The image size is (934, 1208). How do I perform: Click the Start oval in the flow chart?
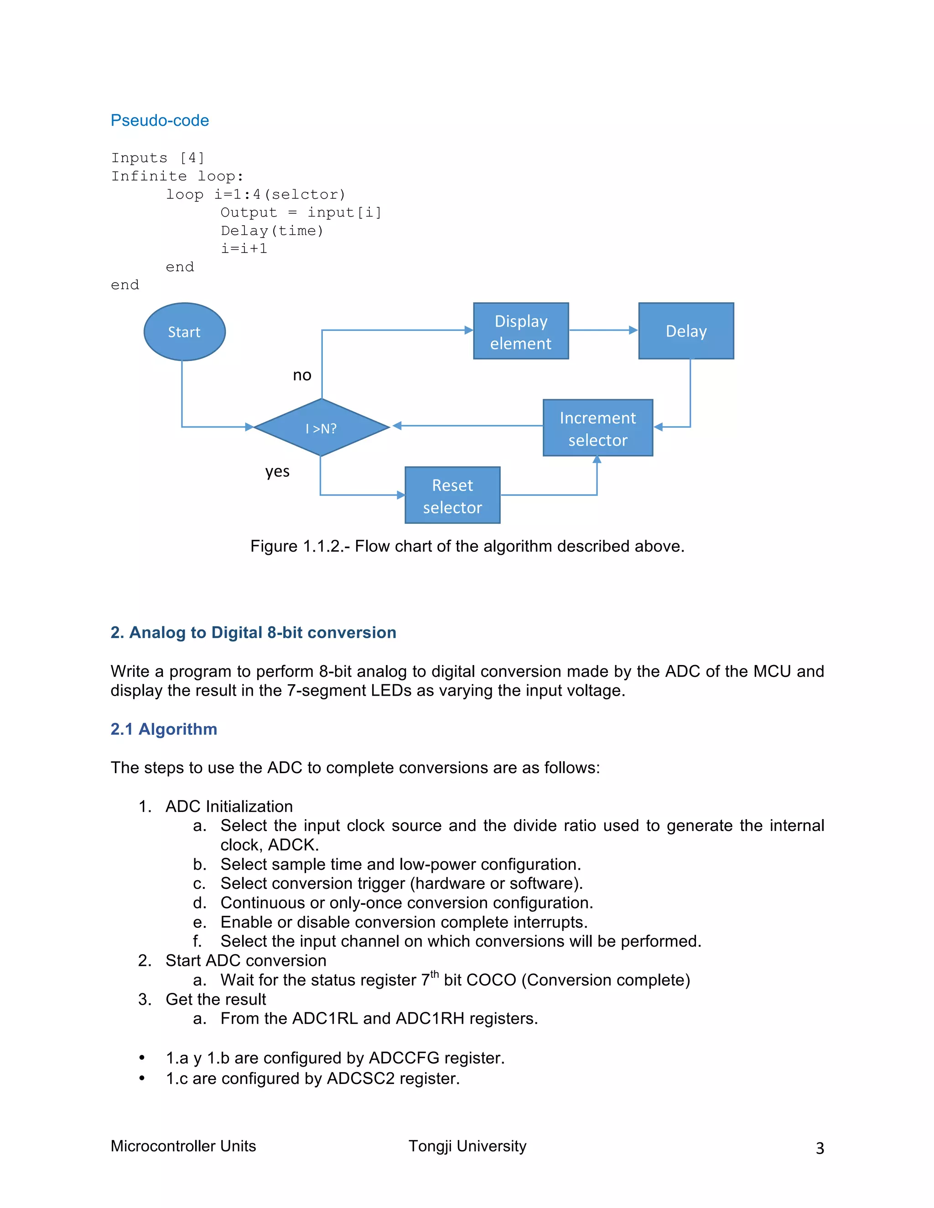pyautogui.click(x=184, y=332)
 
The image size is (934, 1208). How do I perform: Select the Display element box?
pyautogui.click(x=521, y=331)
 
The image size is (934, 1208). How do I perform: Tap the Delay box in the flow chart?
pyautogui.click(x=686, y=331)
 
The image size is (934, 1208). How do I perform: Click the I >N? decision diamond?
pyautogui.click(x=322, y=428)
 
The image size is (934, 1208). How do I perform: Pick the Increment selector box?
pyautogui.click(x=597, y=428)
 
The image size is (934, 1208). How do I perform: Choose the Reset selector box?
pyautogui.click(x=452, y=496)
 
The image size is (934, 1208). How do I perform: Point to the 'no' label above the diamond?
pyautogui.click(x=302, y=376)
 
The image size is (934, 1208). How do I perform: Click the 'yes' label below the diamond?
pyautogui.click(x=277, y=472)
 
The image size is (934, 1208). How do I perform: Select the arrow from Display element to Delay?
pyautogui.click(x=603, y=330)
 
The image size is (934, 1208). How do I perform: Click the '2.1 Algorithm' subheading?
pyautogui.click(x=164, y=729)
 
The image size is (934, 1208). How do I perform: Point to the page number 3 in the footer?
pyautogui.click(x=820, y=1148)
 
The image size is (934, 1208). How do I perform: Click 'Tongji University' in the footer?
pyautogui.click(x=467, y=1146)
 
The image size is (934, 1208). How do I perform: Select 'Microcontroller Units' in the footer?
pyautogui.click(x=183, y=1146)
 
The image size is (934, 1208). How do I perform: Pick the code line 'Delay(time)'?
pyautogui.click(x=272, y=231)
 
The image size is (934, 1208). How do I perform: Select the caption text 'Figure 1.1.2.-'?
pyautogui.click(x=299, y=546)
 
